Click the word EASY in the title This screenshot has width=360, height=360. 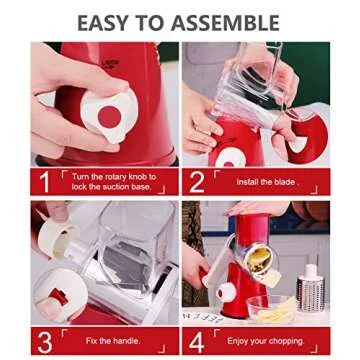point(109,21)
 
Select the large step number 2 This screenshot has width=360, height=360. point(196,181)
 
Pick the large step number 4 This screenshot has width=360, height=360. point(196,340)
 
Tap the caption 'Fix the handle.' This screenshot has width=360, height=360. point(111,341)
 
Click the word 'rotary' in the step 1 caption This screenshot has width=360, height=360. point(112,176)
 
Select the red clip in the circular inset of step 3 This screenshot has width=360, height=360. point(56,298)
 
